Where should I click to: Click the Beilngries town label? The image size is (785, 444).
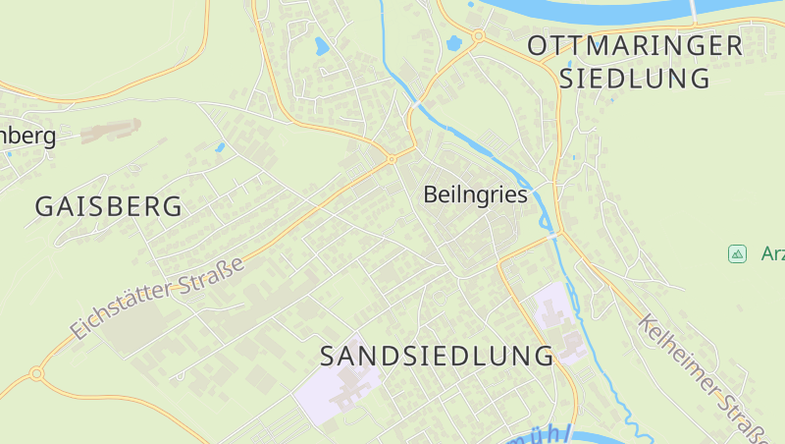[x=475, y=194]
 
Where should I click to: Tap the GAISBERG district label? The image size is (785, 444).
[x=109, y=206]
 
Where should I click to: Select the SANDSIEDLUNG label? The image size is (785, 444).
[x=438, y=355]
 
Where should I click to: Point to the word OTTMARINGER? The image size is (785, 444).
[x=635, y=45]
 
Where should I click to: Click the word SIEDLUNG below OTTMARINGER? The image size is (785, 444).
[x=635, y=79]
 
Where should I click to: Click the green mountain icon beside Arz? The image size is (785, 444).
[x=737, y=253]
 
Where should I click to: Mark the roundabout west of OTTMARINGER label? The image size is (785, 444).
[x=478, y=36]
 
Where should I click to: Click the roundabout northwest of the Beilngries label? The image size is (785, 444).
[x=391, y=158]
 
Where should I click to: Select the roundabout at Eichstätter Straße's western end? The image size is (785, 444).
[x=36, y=373]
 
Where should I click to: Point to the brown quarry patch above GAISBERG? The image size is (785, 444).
[x=110, y=130]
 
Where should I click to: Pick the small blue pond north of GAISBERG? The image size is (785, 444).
[x=220, y=148]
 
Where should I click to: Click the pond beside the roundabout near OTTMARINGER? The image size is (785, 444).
[x=453, y=43]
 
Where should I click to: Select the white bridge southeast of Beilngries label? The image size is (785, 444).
[x=554, y=236]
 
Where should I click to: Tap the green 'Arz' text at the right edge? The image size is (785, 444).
[x=772, y=253]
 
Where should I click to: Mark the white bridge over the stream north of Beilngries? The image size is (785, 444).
[x=417, y=101]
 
